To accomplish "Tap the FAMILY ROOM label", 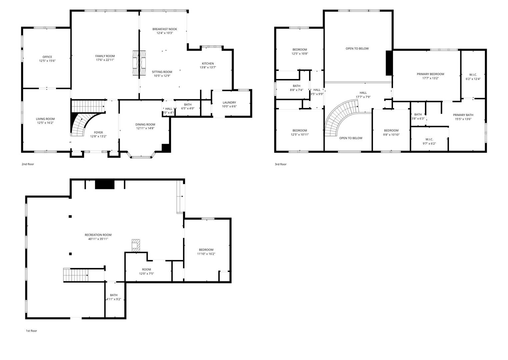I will pos(105,56).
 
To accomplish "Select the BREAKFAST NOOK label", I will pos(165,29).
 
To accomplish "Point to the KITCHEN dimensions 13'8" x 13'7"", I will pos(208,67).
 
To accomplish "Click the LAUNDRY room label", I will pos(229,102).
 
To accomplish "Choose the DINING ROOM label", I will pos(145,124).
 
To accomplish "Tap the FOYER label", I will pos(98,132).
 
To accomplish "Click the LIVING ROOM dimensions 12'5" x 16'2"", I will pos(45,123).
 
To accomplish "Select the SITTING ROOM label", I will pos(162,72).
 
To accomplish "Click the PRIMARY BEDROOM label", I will pos(430,74).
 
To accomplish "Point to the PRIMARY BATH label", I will pos(463,115).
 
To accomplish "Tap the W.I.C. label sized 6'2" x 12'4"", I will pos(473,75).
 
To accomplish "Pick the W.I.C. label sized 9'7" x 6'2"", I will pos(429,139).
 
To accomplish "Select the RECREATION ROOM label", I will pos(98,235).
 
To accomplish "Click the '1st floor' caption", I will pos(31,331).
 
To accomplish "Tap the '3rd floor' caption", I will pos(280,164).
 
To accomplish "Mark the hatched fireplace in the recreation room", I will pos(136,245).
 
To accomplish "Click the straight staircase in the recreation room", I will pos(75,275).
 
